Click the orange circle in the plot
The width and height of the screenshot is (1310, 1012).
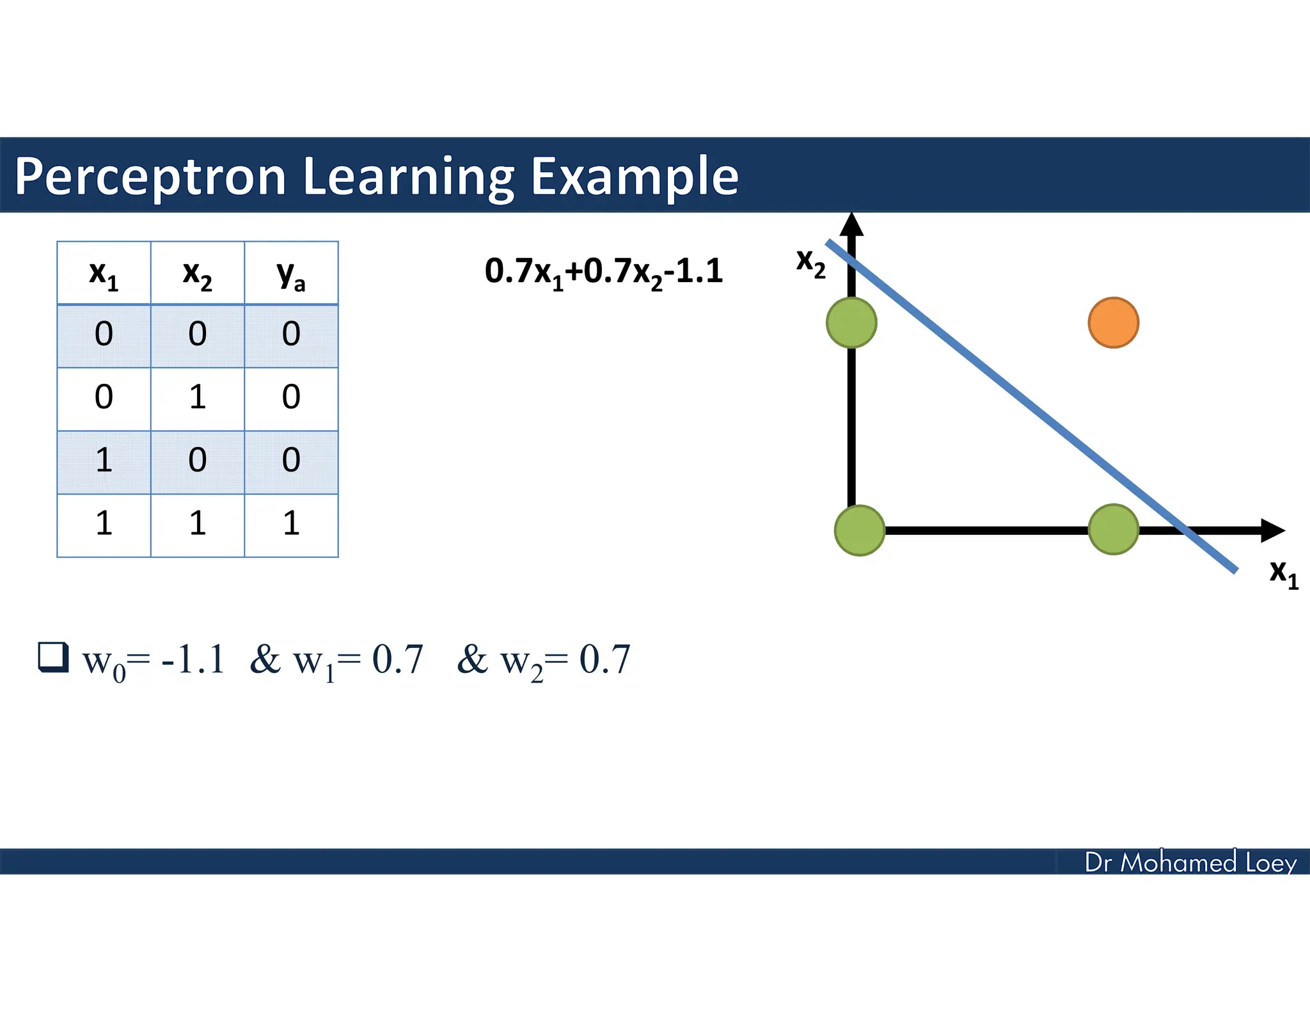pyautogui.click(x=1113, y=322)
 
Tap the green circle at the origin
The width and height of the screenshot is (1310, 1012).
pyautogui.click(x=860, y=530)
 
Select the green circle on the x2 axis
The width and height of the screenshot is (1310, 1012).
pyautogui.click(x=851, y=322)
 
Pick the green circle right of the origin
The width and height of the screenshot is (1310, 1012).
pyautogui.click(x=1113, y=529)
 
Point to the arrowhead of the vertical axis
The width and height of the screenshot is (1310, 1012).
pyautogui.click(x=851, y=225)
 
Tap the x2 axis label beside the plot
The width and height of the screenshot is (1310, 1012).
pyautogui.click(x=810, y=263)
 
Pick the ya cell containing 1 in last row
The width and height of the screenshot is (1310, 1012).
pyautogui.click(x=291, y=524)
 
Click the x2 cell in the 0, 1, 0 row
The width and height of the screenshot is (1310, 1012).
pyautogui.click(x=197, y=397)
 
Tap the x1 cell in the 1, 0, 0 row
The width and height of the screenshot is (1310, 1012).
pyautogui.click(x=104, y=461)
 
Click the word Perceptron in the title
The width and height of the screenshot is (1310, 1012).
pyautogui.click(x=150, y=177)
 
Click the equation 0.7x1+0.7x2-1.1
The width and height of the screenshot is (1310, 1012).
pyautogui.click(x=603, y=272)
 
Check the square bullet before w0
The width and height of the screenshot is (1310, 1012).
pyautogui.click(x=53, y=657)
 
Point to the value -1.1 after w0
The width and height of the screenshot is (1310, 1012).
pyautogui.click(x=193, y=660)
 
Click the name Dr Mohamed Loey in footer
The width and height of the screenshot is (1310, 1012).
pyautogui.click(x=1190, y=862)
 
